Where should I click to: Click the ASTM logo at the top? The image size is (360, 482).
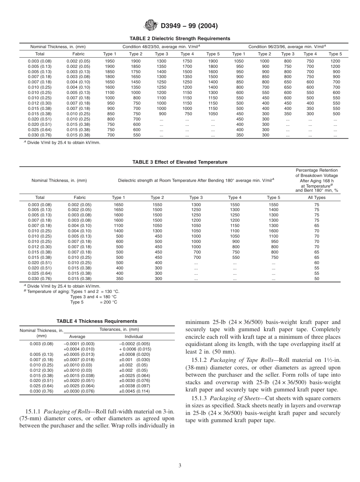(151, 26)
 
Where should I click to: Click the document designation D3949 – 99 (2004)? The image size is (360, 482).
(189, 26)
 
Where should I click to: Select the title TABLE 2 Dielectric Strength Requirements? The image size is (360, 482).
(180, 39)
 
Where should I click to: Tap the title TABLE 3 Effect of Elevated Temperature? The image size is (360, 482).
(180, 162)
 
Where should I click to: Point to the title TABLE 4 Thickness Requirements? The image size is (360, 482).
(97, 321)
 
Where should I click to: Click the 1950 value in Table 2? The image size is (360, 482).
(110, 61)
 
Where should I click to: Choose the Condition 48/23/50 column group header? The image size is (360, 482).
(161, 47)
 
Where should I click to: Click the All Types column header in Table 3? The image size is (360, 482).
(316, 197)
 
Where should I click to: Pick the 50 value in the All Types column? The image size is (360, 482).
(316, 279)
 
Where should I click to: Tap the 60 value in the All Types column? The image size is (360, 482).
(316, 263)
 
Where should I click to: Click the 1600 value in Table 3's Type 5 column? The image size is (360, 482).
(273, 231)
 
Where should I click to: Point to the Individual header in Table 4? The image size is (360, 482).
(134, 336)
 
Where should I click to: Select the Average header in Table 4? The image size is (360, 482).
(77, 336)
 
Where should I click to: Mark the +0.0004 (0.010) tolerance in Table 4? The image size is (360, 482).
(79, 349)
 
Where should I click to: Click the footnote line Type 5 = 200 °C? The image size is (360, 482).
(94, 302)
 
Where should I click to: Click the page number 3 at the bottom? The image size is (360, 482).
(180, 466)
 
